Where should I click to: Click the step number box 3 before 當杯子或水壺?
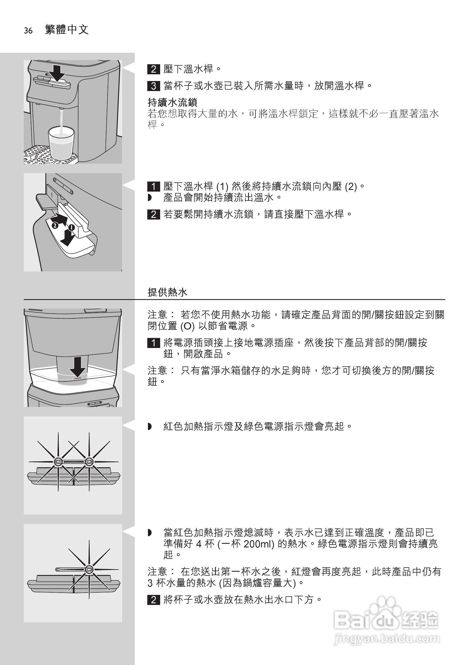pos(153,86)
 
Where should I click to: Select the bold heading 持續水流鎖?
pos(172,102)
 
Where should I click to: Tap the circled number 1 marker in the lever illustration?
pos(71,227)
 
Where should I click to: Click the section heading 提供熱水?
pos(167,292)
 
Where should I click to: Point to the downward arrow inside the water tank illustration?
pos(78,366)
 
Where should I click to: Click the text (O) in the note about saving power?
pos(187,326)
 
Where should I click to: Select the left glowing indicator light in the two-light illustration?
pos(58,461)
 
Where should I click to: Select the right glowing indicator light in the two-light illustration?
pos(89,461)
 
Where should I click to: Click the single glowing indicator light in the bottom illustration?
pos(89,569)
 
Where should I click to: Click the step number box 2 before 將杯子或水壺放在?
pos(153,600)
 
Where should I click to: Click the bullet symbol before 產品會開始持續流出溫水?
pos(150,198)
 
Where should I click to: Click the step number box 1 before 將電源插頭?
pos(153,343)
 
